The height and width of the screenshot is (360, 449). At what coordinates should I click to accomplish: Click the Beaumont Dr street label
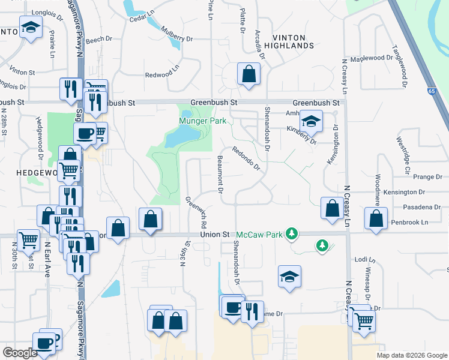220,173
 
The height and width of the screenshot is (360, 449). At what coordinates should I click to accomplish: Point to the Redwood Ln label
161,74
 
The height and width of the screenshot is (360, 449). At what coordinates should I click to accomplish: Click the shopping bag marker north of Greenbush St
249,74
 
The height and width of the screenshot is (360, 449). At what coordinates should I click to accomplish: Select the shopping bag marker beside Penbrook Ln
376,220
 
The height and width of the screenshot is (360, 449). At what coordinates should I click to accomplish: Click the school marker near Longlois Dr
30,27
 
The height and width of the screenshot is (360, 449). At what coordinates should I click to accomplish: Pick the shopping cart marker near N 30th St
28,240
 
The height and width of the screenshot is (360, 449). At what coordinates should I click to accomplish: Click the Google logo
20,353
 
